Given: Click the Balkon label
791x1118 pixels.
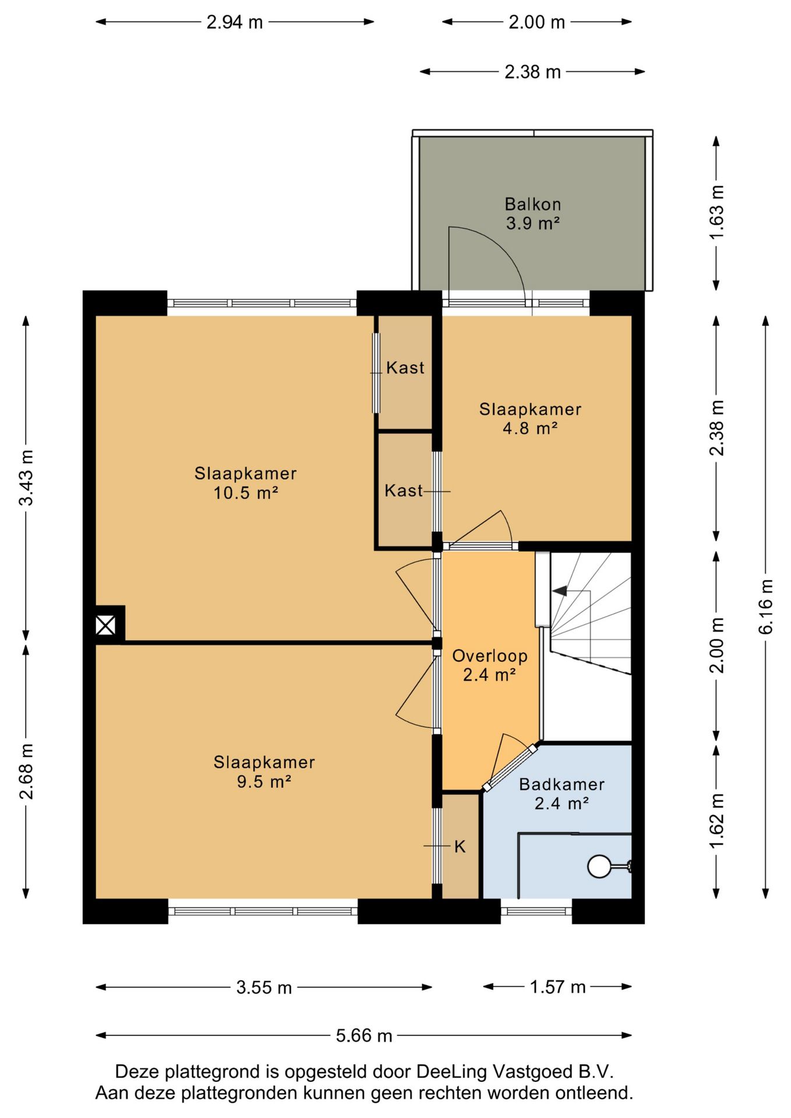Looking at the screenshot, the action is coord(532,204).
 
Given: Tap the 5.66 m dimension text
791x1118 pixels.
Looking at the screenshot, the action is coord(364,1035).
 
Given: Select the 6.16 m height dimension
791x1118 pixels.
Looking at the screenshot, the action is coord(765,607).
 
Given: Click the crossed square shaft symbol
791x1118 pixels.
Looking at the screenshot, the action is coord(105,626).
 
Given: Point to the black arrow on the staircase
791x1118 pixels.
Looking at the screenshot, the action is coord(560,591).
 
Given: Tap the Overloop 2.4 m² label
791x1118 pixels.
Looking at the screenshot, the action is coord(490,665).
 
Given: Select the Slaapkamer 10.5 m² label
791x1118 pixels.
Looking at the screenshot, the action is coord(245,483).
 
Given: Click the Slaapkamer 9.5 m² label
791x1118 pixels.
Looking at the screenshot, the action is coord(264,772).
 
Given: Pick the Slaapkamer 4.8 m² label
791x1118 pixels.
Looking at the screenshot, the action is coord(530,418).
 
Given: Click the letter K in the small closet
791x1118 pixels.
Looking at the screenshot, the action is coord(460,847).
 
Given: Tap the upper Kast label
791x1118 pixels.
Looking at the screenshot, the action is coord(405,367).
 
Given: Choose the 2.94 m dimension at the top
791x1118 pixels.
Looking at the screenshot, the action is coord(235,22).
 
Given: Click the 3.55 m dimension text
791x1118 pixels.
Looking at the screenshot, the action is coord(264,987).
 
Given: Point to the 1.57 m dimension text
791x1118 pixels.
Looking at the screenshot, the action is coord(557,986).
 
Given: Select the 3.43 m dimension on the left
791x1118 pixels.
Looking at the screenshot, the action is coord(26,477).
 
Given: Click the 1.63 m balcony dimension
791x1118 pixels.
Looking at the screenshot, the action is coord(716,212).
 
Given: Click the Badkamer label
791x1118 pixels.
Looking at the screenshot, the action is coord(562,784).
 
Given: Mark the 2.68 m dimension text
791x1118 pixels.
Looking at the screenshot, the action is coord(26,771).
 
